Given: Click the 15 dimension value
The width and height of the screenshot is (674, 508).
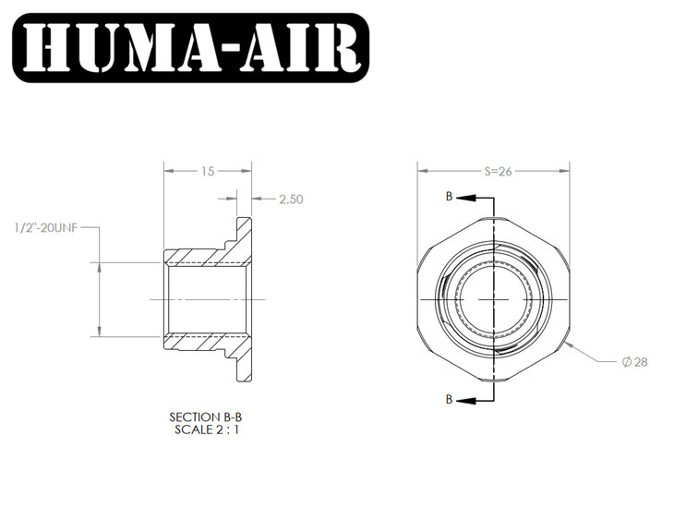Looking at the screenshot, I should (x=208, y=171).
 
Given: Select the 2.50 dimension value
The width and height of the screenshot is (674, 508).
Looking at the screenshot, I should (x=291, y=199).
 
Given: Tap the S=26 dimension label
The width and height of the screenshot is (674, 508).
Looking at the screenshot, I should (x=492, y=171).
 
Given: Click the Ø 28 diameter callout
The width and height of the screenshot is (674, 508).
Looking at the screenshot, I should (x=636, y=361).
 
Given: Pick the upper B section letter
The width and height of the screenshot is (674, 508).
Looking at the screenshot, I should (x=450, y=198).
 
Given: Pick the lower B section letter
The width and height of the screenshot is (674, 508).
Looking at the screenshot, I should (x=450, y=399).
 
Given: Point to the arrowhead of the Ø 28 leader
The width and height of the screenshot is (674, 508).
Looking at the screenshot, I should (x=570, y=343).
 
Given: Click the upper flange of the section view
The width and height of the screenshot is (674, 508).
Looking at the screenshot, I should (x=245, y=236).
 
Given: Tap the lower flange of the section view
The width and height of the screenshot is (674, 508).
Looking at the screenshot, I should (x=245, y=364).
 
